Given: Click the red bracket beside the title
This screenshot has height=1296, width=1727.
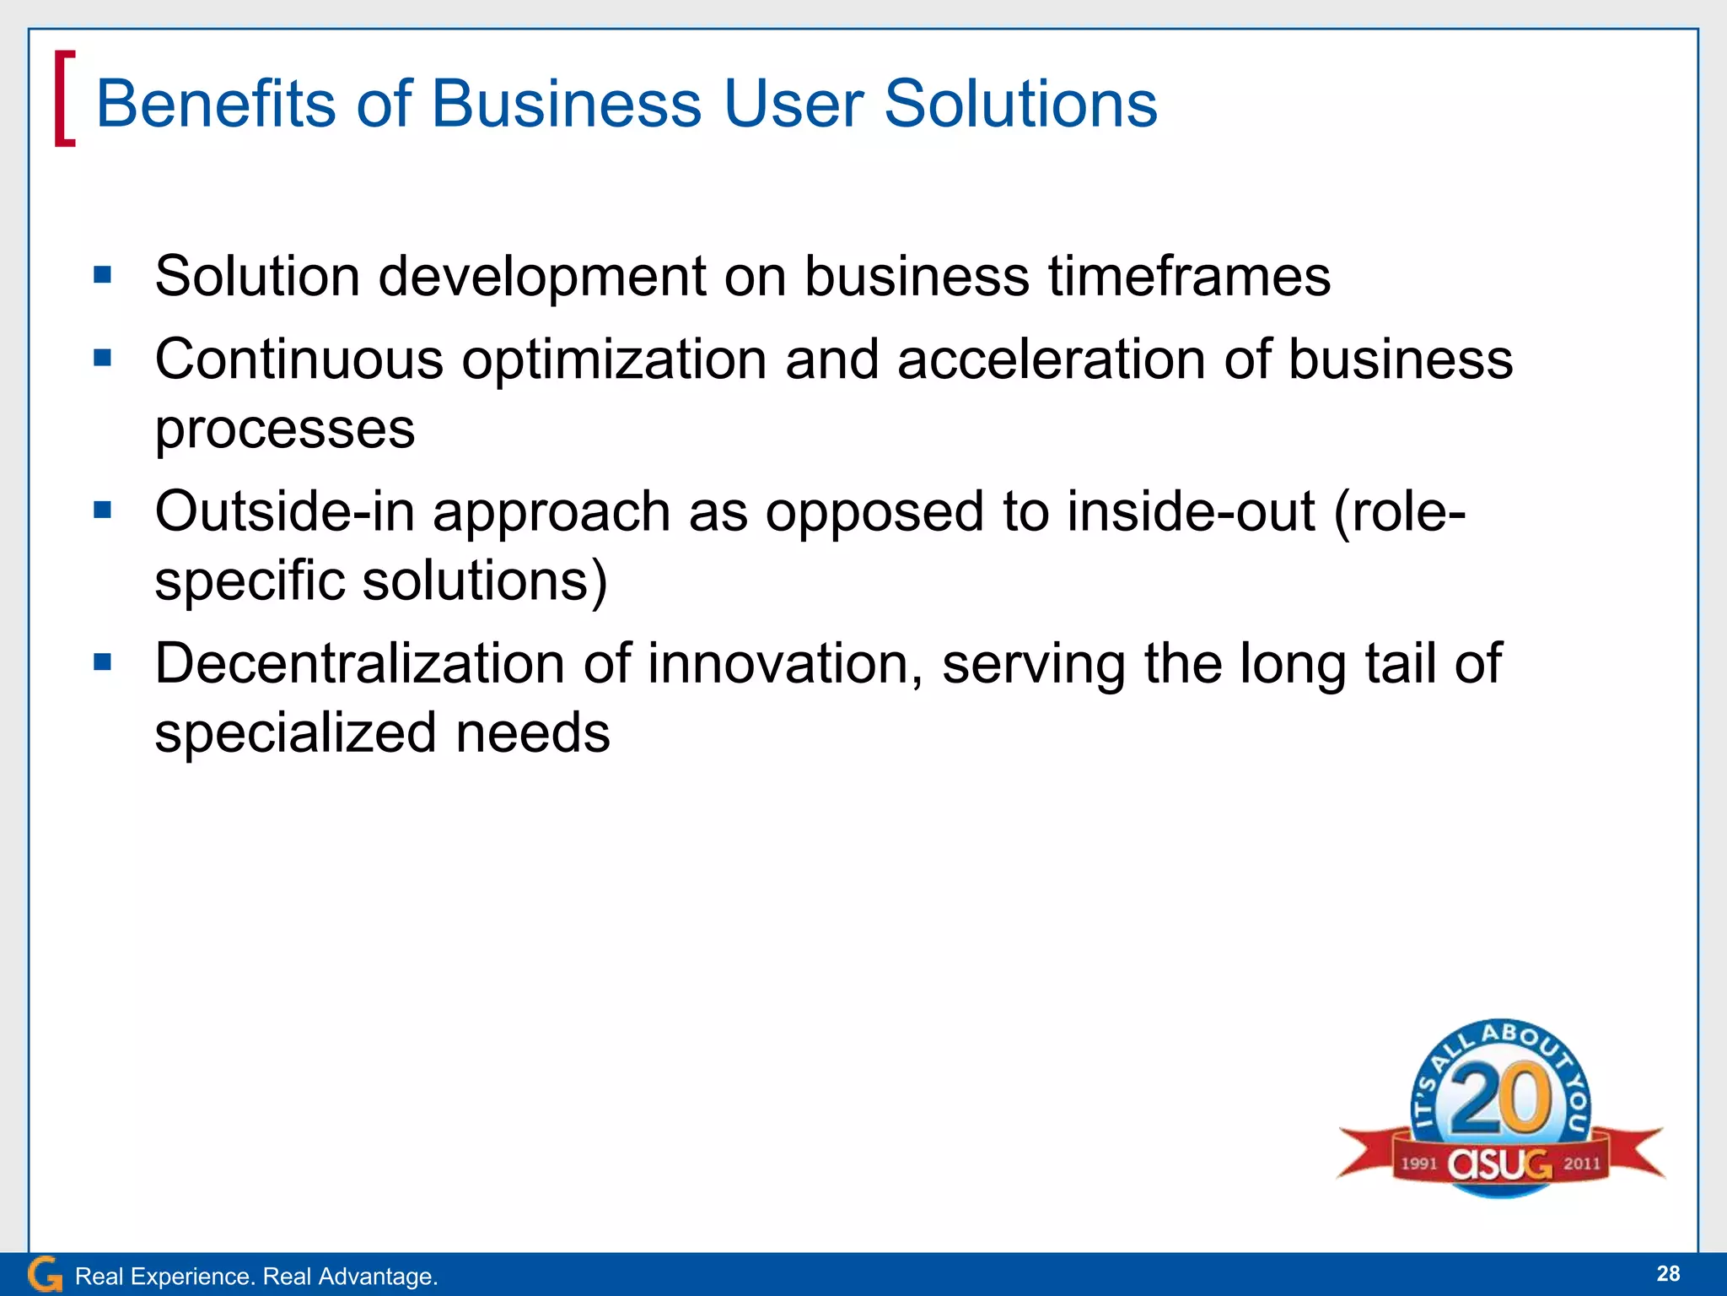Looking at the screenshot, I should pyautogui.click(x=64, y=99).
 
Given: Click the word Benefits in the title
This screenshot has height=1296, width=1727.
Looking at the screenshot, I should pyautogui.click(x=216, y=104).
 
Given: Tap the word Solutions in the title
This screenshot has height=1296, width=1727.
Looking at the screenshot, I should pyautogui.click(x=1020, y=104).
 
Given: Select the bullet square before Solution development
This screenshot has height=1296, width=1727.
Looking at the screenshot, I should pyautogui.click(x=103, y=274).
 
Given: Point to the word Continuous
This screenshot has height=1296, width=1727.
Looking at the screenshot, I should pyautogui.click(x=299, y=359).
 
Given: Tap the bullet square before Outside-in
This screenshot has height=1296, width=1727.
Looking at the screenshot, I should pyautogui.click(x=103, y=510).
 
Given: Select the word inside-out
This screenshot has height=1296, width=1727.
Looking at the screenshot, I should pyautogui.click(x=1190, y=511).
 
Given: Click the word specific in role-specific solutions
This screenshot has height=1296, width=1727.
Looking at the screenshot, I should pyautogui.click(x=250, y=580).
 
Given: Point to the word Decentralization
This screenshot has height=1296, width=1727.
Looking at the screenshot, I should pyautogui.click(x=359, y=663).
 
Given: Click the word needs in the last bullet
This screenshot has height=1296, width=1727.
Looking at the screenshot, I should pyautogui.click(x=533, y=732).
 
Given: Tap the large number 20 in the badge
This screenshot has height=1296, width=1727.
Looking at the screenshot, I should pyautogui.click(x=1501, y=1100).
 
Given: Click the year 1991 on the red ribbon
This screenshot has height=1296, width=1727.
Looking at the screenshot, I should pyautogui.click(x=1419, y=1164).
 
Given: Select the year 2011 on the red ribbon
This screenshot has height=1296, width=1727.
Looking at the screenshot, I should pyautogui.click(x=1581, y=1164).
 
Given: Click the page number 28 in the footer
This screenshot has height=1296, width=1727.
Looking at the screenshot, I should pyautogui.click(x=1668, y=1273).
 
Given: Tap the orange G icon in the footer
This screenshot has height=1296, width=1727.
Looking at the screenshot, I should pyautogui.click(x=44, y=1274).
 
